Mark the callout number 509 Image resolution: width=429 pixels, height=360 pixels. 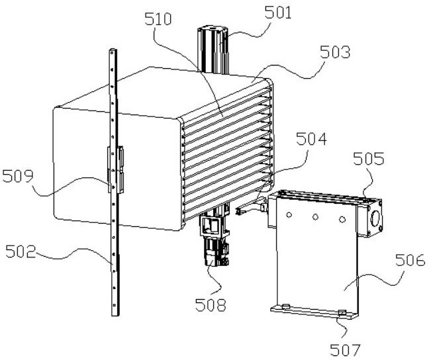pos(18,176)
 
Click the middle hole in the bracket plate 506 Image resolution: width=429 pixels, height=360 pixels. pos(316,216)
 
